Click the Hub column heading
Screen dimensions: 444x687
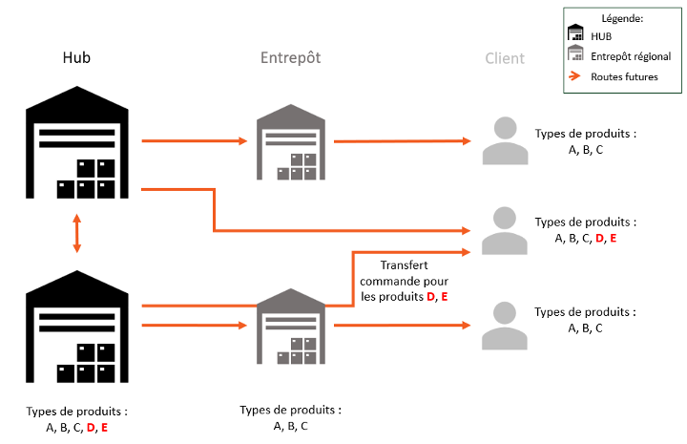(77, 57)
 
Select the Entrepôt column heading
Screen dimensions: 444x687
(290, 57)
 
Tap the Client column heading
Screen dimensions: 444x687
(505, 58)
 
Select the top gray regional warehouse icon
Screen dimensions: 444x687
(290, 142)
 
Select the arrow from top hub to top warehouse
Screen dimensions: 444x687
(196, 141)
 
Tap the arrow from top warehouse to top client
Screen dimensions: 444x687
(401, 141)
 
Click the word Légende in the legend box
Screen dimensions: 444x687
(621, 18)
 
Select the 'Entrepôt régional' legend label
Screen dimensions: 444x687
(631, 56)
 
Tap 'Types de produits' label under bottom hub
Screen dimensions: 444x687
(77, 412)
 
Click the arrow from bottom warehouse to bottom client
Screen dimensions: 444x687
(401, 326)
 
